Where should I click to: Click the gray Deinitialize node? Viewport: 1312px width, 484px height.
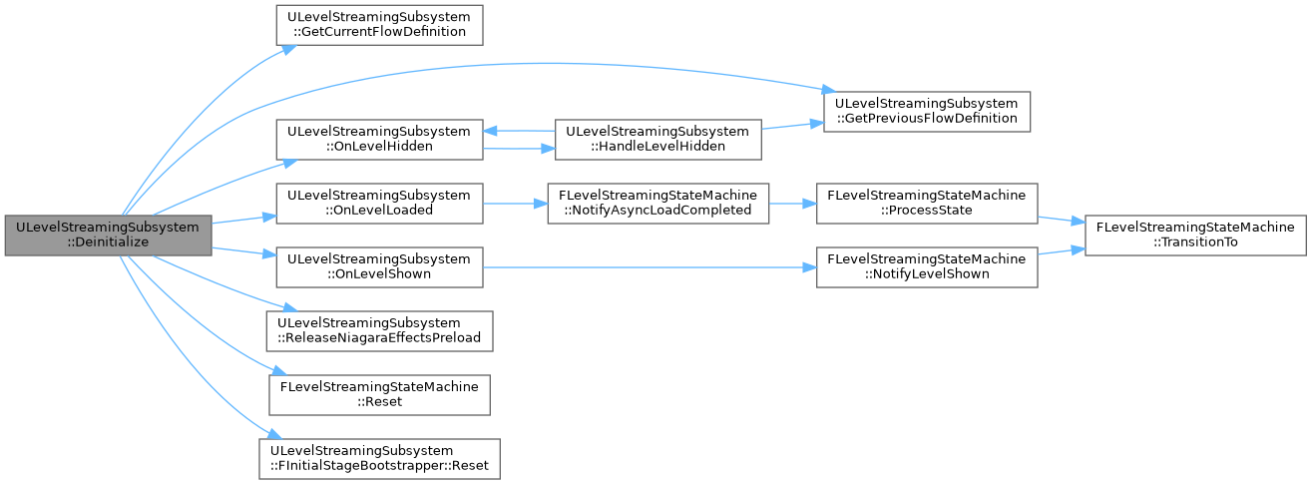click(x=109, y=235)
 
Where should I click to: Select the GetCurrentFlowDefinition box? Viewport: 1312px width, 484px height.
click(x=379, y=25)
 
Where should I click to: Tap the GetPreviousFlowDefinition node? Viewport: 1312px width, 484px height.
click(x=927, y=112)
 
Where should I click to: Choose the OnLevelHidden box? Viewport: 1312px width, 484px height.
click(x=379, y=140)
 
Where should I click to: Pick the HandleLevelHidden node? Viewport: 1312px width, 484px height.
click(x=658, y=140)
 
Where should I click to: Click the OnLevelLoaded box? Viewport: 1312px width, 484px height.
click(x=379, y=204)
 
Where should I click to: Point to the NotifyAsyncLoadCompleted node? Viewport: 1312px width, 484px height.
click(x=658, y=204)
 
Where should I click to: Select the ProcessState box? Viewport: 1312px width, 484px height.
click(x=927, y=204)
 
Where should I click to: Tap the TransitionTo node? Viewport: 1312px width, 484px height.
click(x=1195, y=235)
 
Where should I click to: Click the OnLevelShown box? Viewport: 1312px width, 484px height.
click(x=379, y=267)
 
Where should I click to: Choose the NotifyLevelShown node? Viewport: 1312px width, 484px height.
click(x=927, y=267)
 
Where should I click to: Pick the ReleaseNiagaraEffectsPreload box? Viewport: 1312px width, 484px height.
click(x=379, y=331)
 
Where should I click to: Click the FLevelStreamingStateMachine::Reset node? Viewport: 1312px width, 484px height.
click(x=379, y=395)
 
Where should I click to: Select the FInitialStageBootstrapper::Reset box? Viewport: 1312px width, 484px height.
click(x=379, y=459)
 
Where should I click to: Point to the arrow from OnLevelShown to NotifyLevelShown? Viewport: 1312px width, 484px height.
click(x=650, y=267)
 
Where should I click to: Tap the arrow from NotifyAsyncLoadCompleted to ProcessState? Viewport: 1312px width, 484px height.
click(x=792, y=204)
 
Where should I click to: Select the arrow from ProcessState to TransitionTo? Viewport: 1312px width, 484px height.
click(x=1062, y=220)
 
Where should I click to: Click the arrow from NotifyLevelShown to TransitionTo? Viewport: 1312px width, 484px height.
click(x=1062, y=250)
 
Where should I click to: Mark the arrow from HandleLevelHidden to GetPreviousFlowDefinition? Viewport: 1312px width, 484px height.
click(x=792, y=126)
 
